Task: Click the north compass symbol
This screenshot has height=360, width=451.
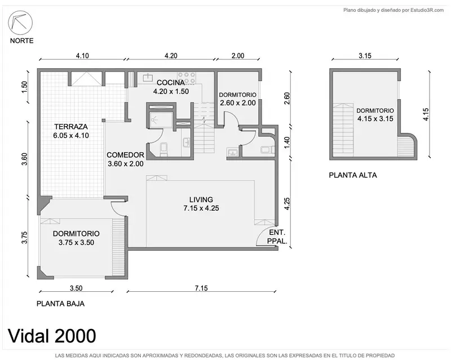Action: coord(20,23)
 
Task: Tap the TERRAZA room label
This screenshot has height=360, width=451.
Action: coord(71,127)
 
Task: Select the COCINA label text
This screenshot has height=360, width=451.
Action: coord(171,83)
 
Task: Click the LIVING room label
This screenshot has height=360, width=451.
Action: coord(201,199)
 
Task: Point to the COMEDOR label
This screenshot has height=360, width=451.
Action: coord(125,155)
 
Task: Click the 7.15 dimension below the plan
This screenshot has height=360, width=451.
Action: coord(201,288)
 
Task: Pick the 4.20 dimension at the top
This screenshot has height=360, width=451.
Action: coord(171,56)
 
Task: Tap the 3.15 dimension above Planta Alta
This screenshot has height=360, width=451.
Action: coord(365,56)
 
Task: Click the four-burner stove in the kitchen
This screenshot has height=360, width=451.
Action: coord(187,78)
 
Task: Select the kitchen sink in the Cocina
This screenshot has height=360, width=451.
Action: coord(148,77)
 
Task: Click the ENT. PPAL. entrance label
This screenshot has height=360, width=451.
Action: coord(277,237)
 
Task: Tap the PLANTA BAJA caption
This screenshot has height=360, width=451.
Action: coord(61,304)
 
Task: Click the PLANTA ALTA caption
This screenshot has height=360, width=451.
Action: coord(353,175)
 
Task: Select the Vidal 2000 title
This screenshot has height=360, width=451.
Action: coord(52,336)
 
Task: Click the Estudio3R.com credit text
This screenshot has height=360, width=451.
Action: coord(427,10)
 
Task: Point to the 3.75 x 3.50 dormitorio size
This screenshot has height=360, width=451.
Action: coord(77,242)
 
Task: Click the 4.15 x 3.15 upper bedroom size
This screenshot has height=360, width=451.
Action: coord(375,119)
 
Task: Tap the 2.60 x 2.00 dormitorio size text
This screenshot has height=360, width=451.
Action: coord(238,103)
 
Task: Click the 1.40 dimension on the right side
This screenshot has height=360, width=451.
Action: coord(287,143)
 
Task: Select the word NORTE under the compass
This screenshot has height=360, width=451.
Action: coord(22,41)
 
